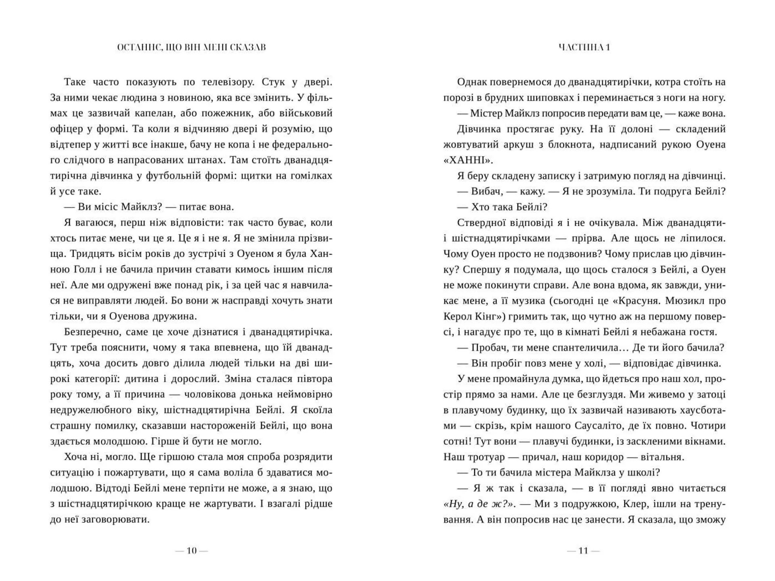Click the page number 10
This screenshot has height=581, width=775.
point(191,551)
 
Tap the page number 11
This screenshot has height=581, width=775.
point(583,551)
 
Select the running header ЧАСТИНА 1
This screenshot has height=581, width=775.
point(584,47)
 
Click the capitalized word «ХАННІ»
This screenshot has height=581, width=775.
point(468,160)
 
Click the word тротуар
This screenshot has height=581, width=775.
point(485,457)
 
